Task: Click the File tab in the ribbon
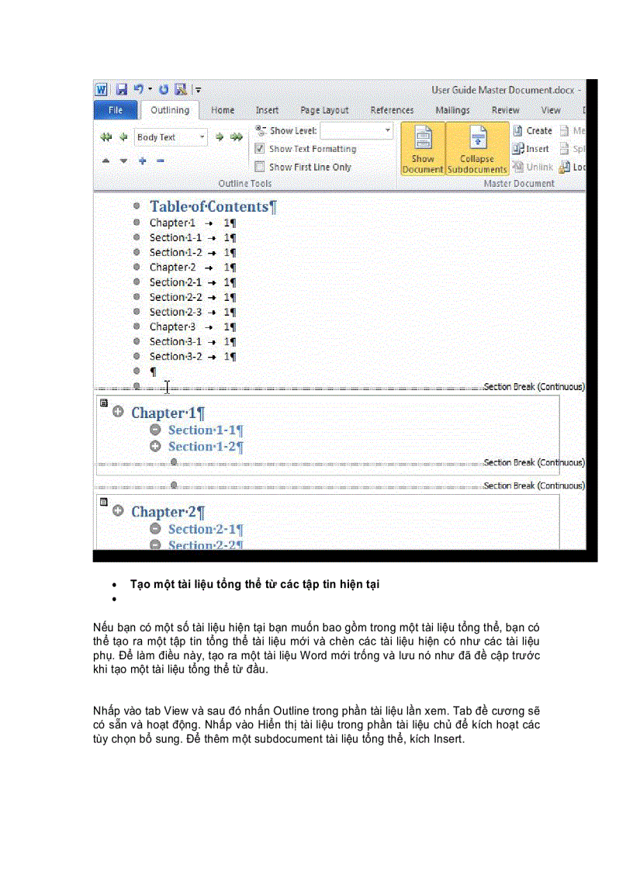tap(115, 110)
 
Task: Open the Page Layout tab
tap(324, 110)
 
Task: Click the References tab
tap(392, 110)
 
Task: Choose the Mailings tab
tap(452, 110)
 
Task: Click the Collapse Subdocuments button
tap(477, 149)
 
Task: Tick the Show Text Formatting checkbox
tap(260, 149)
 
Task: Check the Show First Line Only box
tap(260, 167)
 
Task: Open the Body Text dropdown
tap(202, 137)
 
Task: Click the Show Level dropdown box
tap(356, 131)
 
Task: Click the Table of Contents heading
tap(212, 206)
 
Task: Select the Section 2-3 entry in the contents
tap(175, 312)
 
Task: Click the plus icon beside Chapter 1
tap(118, 413)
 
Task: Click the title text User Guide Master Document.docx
tap(503, 90)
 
